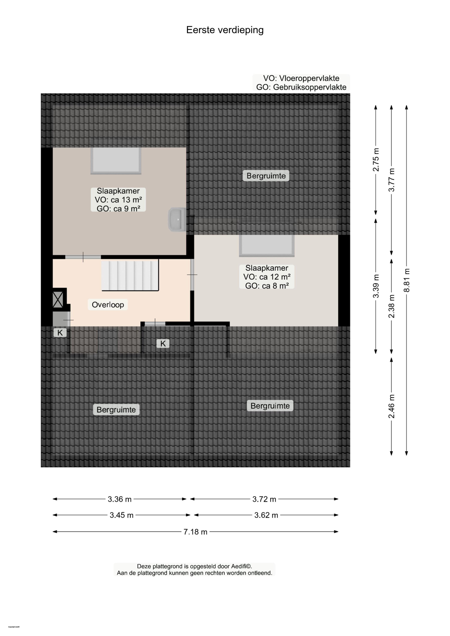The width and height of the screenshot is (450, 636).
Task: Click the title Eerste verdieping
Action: click(x=225, y=30)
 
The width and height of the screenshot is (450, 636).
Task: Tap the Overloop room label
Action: click(x=108, y=305)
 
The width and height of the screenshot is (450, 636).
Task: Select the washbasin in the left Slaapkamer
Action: click(x=177, y=219)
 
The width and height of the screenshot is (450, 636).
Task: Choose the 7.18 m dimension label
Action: click(x=195, y=532)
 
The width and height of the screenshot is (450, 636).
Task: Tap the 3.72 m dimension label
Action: click(x=264, y=499)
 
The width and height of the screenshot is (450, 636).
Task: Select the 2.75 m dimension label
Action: click(x=376, y=160)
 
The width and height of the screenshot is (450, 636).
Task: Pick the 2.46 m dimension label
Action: click(x=391, y=406)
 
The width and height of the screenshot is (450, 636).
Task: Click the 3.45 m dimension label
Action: click(x=121, y=515)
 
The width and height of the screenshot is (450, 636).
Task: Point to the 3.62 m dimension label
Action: click(x=266, y=515)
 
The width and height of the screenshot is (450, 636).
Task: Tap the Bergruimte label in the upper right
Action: click(x=266, y=176)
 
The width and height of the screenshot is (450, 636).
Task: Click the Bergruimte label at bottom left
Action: click(x=116, y=410)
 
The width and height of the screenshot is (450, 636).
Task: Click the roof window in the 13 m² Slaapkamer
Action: click(x=116, y=160)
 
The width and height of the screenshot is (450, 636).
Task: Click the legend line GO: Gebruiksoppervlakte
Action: click(x=301, y=87)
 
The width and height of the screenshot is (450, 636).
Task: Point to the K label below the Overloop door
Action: click(x=163, y=344)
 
